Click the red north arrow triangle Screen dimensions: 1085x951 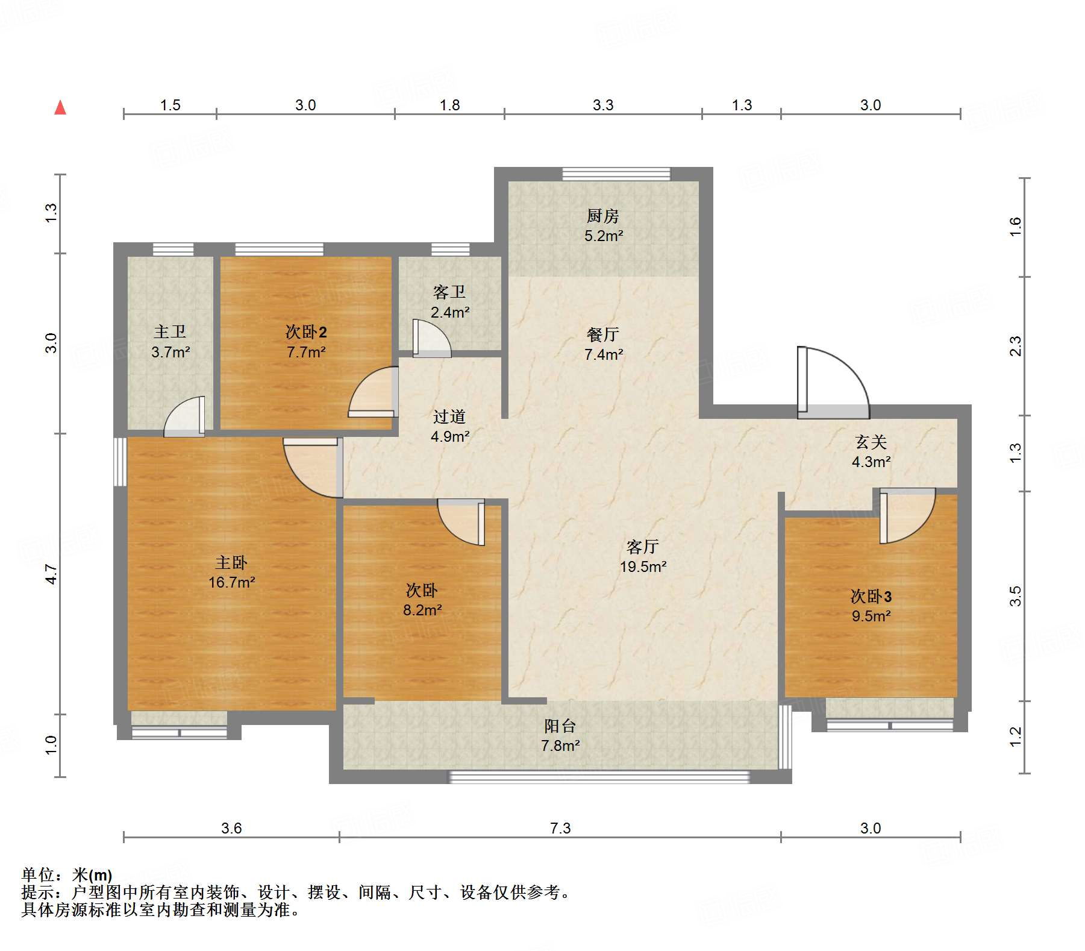[x=60, y=108]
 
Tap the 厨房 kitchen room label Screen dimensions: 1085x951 [x=603, y=216]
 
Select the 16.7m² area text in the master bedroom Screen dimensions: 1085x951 [x=232, y=582]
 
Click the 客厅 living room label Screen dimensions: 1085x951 [x=643, y=547]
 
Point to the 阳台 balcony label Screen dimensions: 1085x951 [x=560, y=726]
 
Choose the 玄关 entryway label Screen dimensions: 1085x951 [x=871, y=442]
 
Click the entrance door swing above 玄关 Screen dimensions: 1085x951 [x=834, y=382]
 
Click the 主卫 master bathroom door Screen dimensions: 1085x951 [x=184, y=416]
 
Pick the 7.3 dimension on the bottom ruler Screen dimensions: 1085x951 [x=560, y=828]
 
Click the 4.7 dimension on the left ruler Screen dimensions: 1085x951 [x=51, y=574]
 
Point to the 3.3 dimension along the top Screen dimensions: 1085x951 [x=603, y=105]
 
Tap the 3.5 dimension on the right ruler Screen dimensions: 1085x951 [x=1016, y=596]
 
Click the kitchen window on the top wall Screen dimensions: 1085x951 [x=616, y=174]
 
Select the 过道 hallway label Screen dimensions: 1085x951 [x=449, y=416]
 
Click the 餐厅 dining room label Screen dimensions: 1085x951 [x=603, y=334]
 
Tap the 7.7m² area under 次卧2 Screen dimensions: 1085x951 [x=306, y=352]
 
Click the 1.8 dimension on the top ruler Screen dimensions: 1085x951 [x=449, y=105]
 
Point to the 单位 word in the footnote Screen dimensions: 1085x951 [x=38, y=874]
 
